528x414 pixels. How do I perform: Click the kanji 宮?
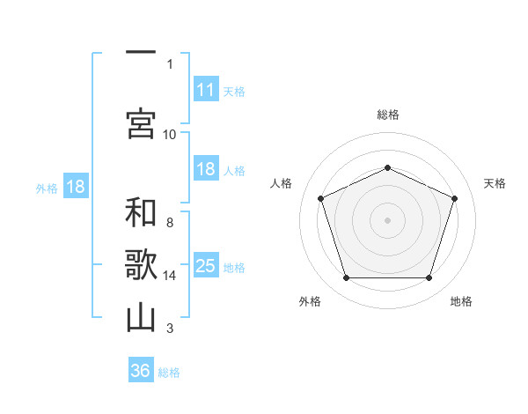(x=141, y=123)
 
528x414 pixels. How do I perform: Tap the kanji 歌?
(x=141, y=264)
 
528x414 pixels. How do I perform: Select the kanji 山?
(x=141, y=318)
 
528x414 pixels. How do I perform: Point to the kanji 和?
(x=141, y=212)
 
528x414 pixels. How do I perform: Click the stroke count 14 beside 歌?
(x=169, y=276)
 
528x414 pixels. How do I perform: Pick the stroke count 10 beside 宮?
(x=169, y=135)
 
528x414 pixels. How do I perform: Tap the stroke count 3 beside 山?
(x=170, y=328)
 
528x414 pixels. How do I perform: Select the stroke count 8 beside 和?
(x=170, y=223)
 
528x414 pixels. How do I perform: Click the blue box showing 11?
(x=206, y=89)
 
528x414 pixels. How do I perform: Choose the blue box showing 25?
(x=206, y=264)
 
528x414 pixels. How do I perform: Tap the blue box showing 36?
(x=141, y=369)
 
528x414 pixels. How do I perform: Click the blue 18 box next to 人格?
(x=206, y=168)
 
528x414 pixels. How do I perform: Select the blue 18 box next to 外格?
(x=76, y=186)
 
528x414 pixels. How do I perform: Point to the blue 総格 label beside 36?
(x=169, y=373)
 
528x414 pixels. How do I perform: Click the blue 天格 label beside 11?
(x=234, y=92)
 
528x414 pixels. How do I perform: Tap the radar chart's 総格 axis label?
(x=388, y=115)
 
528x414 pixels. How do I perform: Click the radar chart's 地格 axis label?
(x=461, y=301)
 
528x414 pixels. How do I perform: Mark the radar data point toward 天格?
(x=454, y=198)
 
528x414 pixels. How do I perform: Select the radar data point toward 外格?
(x=347, y=277)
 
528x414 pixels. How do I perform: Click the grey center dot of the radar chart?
(x=387, y=220)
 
